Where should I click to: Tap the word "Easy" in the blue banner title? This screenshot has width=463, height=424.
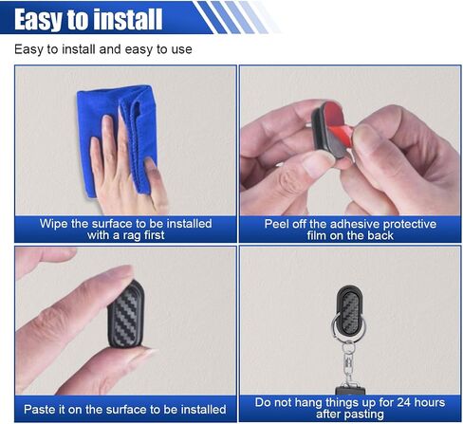tap(36, 21)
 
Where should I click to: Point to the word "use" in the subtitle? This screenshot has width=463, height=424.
tap(181, 49)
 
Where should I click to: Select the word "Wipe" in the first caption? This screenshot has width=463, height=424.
tap(54, 224)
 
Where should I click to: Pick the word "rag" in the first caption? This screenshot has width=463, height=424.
tap(132, 236)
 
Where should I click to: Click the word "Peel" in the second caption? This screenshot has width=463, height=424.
tap(277, 224)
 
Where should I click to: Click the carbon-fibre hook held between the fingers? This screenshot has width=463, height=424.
tap(126, 314)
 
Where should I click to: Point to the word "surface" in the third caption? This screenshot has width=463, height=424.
tap(126, 409)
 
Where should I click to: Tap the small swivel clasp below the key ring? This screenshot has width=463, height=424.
tap(348, 363)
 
